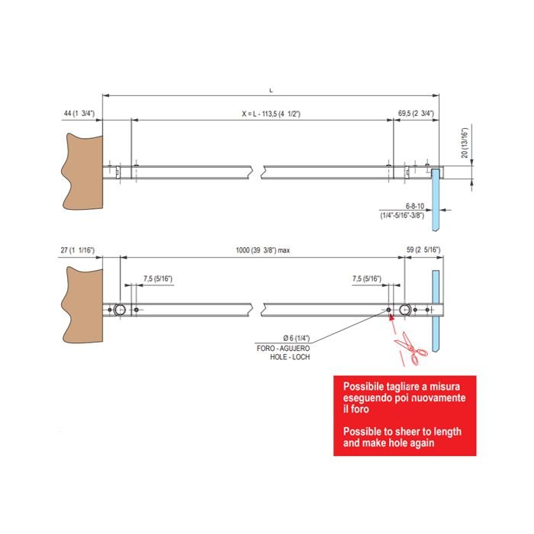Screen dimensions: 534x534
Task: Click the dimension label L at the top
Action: pyautogui.click(x=271, y=91)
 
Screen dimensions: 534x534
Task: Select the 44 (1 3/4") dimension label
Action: pyautogui.click(x=79, y=114)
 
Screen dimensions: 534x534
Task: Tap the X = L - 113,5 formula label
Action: pyautogui.click(x=271, y=114)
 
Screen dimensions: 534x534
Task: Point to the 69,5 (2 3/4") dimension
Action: pyautogui.click(x=417, y=114)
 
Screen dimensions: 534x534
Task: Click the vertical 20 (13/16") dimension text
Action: pyautogui.click(x=465, y=143)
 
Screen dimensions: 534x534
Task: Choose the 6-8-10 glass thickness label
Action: pyautogui.click(x=415, y=206)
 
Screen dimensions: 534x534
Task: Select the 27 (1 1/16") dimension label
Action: pyautogui.click(x=78, y=250)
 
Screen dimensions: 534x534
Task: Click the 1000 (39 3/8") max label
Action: pyautogui.click(x=263, y=250)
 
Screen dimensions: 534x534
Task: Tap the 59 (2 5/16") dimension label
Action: pyautogui.click(x=423, y=250)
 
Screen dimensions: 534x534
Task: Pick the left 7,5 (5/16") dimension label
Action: pyautogui.click(x=158, y=279)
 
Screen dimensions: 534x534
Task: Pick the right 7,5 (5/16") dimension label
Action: pyautogui.click(x=367, y=279)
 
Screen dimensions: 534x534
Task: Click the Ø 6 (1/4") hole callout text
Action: pyautogui.click(x=296, y=338)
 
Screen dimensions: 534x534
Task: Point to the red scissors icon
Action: pyautogui.click(x=410, y=348)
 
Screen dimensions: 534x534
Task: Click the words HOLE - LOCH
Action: pyautogui.click(x=290, y=357)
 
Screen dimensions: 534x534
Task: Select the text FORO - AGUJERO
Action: pyautogui.click(x=283, y=349)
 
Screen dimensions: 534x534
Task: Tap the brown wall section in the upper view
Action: pyautogui.click(x=82, y=172)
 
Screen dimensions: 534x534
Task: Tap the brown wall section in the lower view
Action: pyautogui.click(x=82, y=305)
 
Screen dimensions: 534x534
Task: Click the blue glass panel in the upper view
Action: pyautogui.click(x=436, y=199)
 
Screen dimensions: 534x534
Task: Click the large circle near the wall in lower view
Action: pyautogui.click(x=120, y=310)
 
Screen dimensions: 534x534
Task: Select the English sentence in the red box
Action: pyautogui.click(x=402, y=437)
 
